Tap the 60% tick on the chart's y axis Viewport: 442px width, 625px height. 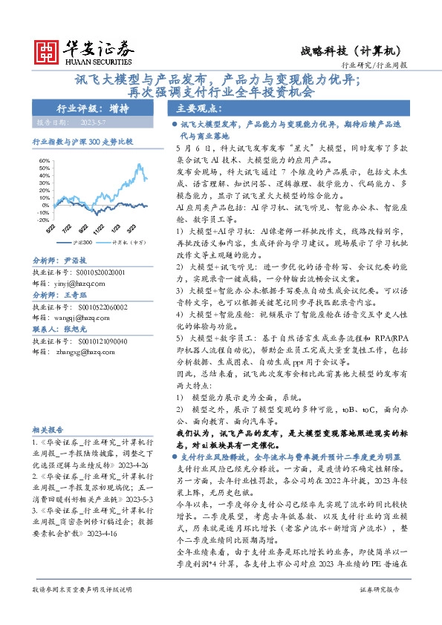click(x=44, y=160)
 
